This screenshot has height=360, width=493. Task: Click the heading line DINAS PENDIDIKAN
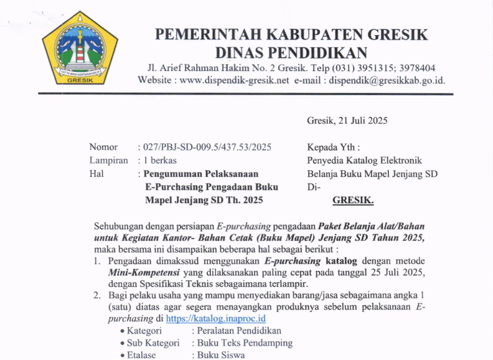click(291, 53)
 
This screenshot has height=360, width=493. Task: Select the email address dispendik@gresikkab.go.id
click(387, 80)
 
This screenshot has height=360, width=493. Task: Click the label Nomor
click(103, 147)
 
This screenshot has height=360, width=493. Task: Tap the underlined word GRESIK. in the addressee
click(353, 201)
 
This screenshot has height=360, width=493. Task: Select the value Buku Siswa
click(221, 355)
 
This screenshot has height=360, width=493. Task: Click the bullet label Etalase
click(141, 355)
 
